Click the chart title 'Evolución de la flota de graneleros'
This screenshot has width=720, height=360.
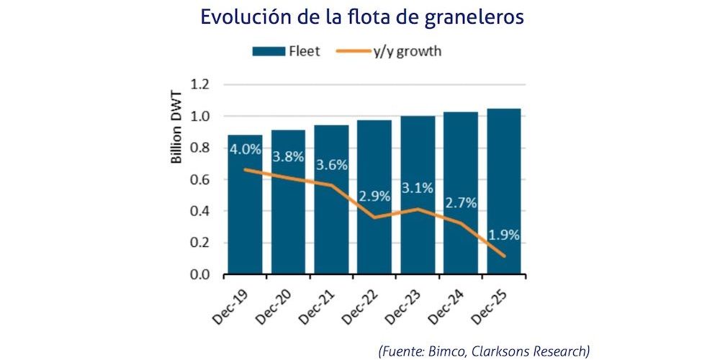click(x=361, y=17)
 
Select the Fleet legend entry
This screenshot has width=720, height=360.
click(x=285, y=51)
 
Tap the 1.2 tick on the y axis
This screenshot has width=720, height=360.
click(x=199, y=84)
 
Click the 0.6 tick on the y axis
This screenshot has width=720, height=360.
click(x=199, y=179)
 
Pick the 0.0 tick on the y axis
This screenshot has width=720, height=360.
click(x=199, y=274)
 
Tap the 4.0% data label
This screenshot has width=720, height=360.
click(x=245, y=151)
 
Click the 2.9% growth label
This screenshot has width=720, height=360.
click(x=374, y=196)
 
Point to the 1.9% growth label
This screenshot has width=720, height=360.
click(x=504, y=235)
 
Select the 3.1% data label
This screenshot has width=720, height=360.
click(x=418, y=189)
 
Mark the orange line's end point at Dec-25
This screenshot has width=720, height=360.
click(x=504, y=256)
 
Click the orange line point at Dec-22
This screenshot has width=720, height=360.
click(x=374, y=217)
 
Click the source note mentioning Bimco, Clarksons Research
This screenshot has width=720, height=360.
click(x=484, y=351)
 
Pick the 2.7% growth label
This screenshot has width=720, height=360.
click(x=461, y=203)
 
